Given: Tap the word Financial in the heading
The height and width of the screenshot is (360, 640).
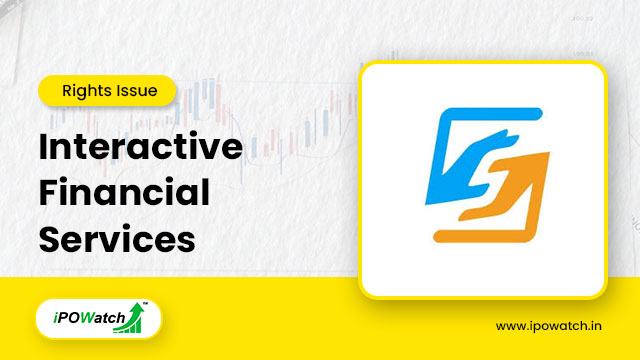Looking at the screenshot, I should tap(124, 194).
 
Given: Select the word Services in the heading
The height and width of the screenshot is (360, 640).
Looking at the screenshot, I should tap(116, 239).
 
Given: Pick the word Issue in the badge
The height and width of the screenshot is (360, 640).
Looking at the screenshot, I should tap(137, 91).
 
